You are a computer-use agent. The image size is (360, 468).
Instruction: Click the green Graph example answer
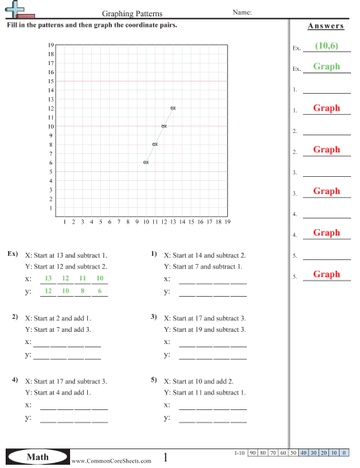coord(327,67)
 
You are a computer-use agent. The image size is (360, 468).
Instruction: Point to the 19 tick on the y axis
coord(50,46)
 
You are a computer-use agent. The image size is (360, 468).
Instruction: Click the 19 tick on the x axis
coord(227,221)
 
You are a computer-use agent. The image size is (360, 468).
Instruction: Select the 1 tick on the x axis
coord(64,221)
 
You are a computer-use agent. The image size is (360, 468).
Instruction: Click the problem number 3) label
coord(154,316)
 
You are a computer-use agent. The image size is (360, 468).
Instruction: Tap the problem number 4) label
coord(15,381)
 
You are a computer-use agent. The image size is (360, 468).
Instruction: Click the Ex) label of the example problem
coord(12,254)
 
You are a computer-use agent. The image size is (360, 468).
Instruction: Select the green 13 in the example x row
coord(48,278)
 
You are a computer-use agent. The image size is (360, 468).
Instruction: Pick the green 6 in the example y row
coord(99,291)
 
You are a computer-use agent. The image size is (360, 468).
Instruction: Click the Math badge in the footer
coord(37,458)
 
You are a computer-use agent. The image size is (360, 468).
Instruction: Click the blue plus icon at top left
coord(15,8)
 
